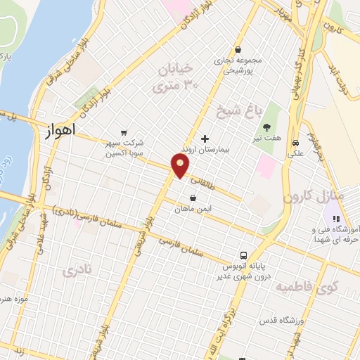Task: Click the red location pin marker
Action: click(181, 166)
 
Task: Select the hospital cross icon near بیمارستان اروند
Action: click(205, 138)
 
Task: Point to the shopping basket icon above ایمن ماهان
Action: click(193, 198)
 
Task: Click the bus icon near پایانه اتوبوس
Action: click(243, 255)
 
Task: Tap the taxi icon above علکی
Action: click(297, 139)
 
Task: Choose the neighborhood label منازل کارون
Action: click(313, 196)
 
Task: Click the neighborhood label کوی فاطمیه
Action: click(307, 287)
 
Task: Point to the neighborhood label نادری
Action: click(77, 271)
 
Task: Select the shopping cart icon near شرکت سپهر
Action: click(124, 131)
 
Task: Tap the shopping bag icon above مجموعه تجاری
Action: click(238, 49)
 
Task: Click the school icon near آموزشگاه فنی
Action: click(336, 219)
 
